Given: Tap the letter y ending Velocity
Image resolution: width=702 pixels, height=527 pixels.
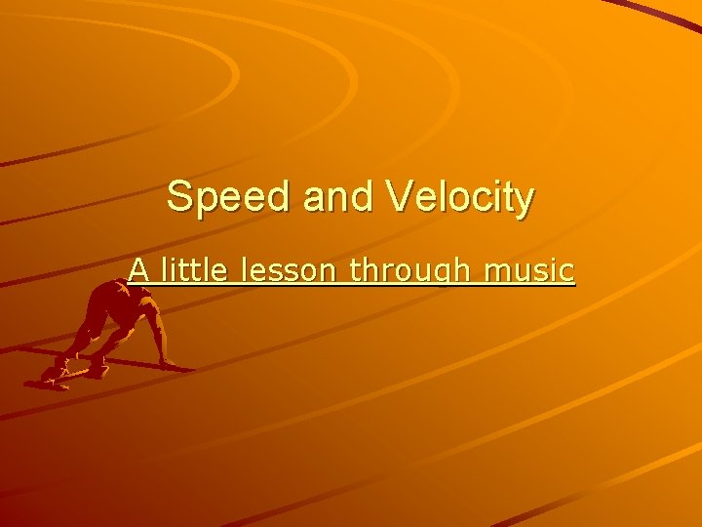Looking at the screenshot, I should click(525, 202).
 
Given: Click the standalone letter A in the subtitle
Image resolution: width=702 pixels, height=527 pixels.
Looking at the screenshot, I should click(138, 270).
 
